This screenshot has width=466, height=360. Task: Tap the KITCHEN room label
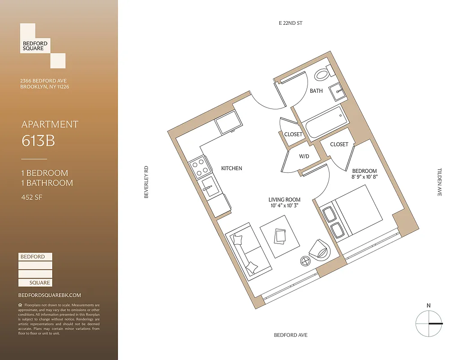click(x=231, y=168)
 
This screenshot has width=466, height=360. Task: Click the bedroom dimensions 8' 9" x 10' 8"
click(x=364, y=177)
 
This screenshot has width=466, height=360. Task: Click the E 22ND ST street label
click(x=290, y=22)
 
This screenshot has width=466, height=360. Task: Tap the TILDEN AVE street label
click(x=439, y=182)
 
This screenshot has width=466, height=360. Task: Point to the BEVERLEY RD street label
click(x=146, y=183)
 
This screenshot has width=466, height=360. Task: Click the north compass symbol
click(x=428, y=323)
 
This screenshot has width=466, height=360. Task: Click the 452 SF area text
click(x=32, y=197)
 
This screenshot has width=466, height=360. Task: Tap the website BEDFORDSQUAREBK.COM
click(x=50, y=295)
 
